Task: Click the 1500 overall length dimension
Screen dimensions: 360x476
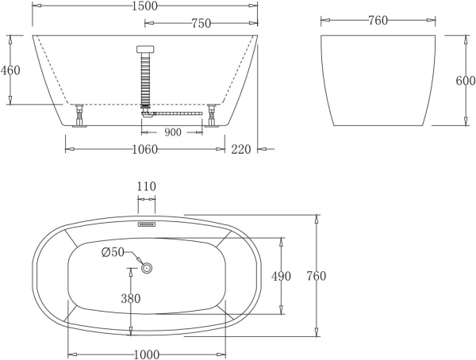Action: coord(145,6)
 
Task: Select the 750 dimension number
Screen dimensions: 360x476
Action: coord(201,24)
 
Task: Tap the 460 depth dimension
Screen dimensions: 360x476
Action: coord(10,70)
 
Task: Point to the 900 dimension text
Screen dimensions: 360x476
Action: coord(172,132)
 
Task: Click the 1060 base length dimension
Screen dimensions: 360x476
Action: coord(144,148)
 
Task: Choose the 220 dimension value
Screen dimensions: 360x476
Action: coord(241,148)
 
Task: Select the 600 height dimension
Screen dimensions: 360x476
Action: coord(466,81)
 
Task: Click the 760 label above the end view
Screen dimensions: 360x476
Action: coord(378,21)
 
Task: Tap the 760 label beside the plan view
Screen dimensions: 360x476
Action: coord(316,276)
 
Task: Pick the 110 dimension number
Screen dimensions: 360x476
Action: coord(147,186)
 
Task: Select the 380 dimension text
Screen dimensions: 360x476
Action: coord(131,299)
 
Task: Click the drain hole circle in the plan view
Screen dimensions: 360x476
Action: coord(147,268)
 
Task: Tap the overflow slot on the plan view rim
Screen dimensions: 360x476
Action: coord(147,224)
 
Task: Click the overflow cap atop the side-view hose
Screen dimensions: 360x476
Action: coord(144,50)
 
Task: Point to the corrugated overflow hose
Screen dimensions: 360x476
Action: coord(144,79)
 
